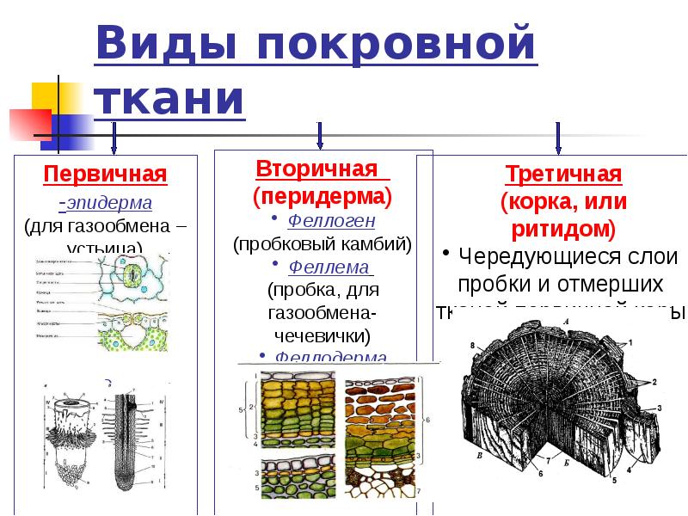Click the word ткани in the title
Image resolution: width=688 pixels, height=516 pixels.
169,98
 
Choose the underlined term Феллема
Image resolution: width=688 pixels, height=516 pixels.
329,267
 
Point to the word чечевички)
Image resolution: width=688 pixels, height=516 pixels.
322,335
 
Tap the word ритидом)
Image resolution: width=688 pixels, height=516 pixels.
563,230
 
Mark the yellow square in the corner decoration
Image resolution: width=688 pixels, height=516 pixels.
44,96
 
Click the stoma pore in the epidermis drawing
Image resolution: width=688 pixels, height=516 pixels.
133,278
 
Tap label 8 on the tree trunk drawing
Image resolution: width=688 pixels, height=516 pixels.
472,346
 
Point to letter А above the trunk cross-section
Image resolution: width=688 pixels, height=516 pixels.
566,321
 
